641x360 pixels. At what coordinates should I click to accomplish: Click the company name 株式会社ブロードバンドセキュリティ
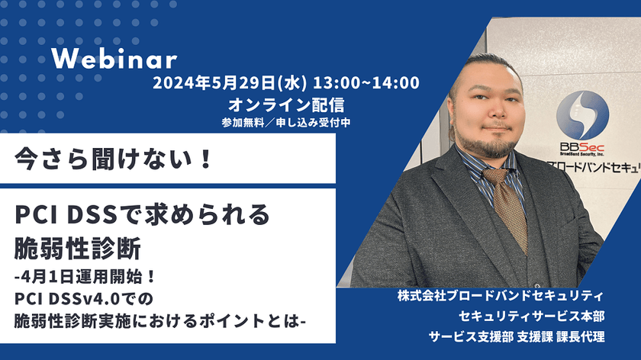[x=501, y=295]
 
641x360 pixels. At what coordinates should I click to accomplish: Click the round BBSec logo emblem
[x=582, y=115]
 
